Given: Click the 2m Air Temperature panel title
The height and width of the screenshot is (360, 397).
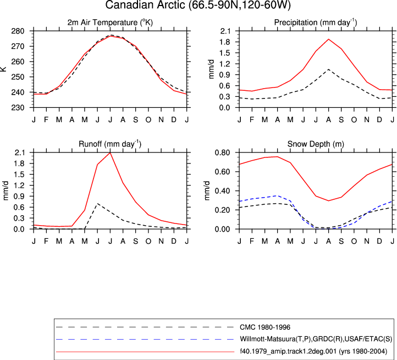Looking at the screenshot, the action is (x=110, y=23).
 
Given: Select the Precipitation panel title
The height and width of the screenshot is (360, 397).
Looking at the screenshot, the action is (x=316, y=23).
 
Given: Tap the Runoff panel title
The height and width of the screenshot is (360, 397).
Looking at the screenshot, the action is (x=110, y=144).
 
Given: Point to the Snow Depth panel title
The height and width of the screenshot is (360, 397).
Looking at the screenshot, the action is (x=316, y=144).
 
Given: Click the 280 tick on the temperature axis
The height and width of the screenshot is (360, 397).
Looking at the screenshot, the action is (x=18, y=31).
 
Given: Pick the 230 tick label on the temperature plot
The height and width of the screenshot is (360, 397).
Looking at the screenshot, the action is (x=18, y=108).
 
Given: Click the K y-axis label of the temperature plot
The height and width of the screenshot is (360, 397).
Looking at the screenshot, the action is (x=3, y=69).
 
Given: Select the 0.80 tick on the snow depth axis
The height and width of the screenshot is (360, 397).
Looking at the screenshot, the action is (x=222, y=152).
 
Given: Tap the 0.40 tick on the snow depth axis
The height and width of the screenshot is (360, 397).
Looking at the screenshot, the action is (x=222, y=191).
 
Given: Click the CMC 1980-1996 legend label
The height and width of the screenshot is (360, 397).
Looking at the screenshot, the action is (x=265, y=328).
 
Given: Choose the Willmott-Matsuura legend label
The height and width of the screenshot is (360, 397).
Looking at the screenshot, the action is (x=316, y=339).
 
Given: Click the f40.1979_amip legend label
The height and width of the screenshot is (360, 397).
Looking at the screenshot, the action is (x=313, y=351).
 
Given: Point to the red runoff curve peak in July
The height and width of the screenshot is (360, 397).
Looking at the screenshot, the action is (x=110, y=152).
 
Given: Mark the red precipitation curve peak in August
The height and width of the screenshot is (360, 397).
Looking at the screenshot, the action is (x=329, y=39).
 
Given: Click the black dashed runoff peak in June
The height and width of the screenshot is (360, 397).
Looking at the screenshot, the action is (x=97, y=203).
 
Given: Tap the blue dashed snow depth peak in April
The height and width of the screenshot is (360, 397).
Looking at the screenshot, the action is (x=278, y=196).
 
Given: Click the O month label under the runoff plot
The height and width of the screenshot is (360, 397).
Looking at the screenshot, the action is (x=148, y=241).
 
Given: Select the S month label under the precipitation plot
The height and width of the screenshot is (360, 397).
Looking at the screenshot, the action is (x=341, y=119).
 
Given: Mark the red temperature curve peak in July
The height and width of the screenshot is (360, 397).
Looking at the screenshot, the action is (x=110, y=36).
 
